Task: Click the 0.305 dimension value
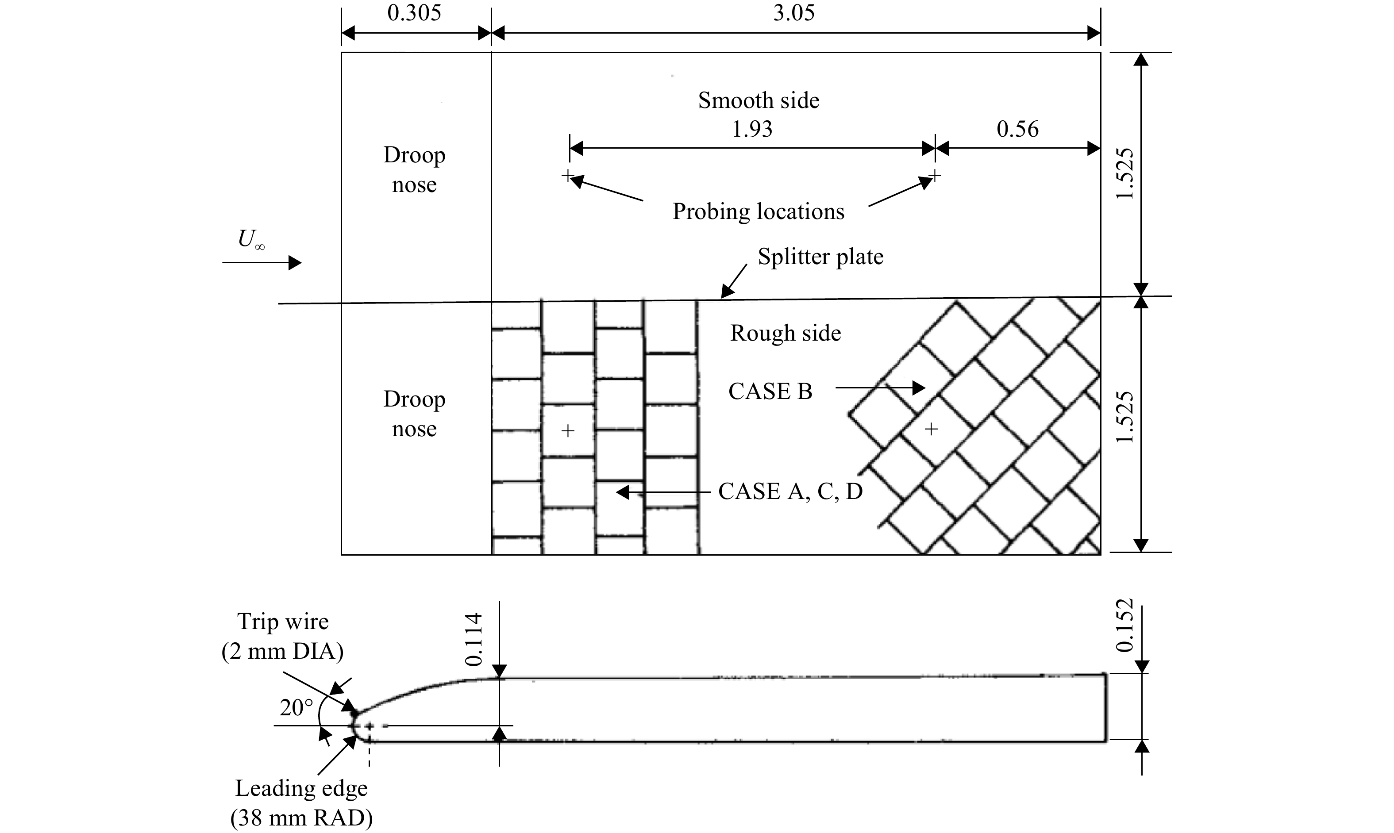click(x=414, y=13)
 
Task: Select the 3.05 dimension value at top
click(x=794, y=13)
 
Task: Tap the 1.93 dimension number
click(x=752, y=129)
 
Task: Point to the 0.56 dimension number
click(x=1017, y=129)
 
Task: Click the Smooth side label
click(x=759, y=100)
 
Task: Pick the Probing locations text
click(x=759, y=211)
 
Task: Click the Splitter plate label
click(x=821, y=257)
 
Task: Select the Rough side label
click(x=786, y=334)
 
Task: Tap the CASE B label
click(x=770, y=392)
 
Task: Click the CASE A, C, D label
click(x=790, y=492)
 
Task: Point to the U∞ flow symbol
click(x=251, y=240)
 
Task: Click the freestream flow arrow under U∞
click(x=262, y=263)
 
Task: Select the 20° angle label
click(x=297, y=708)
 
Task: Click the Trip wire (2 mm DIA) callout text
click(x=282, y=637)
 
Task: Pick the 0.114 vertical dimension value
click(x=474, y=639)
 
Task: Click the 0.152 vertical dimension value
click(x=1125, y=626)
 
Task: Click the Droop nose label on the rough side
click(x=414, y=414)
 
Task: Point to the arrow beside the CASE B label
click(x=880, y=388)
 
